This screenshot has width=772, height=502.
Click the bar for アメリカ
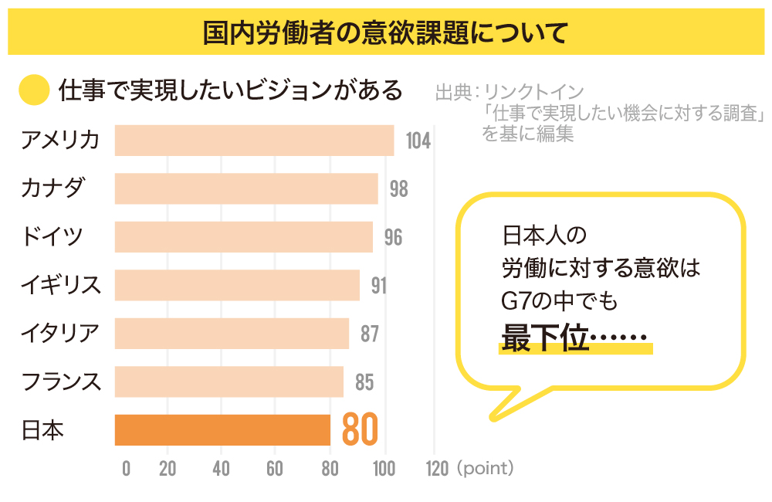(x=254, y=141)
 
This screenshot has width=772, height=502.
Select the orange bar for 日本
(x=222, y=430)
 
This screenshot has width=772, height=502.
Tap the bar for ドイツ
(x=244, y=237)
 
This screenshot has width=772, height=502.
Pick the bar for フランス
(x=229, y=382)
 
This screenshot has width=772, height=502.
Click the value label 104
(x=417, y=141)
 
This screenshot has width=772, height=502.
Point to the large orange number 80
(x=360, y=430)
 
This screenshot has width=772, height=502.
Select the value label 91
(x=378, y=286)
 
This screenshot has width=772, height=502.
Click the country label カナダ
(x=52, y=188)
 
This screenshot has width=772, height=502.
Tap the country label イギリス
(x=61, y=285)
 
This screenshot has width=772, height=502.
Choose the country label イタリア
(x=61, y=334)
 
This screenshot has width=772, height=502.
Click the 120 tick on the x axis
(x=436, y=469)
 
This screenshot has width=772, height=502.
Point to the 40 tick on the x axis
(x=222, y=469)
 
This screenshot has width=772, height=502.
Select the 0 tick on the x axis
(x=126, y=469)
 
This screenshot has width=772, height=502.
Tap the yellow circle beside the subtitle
(x=34, y=90)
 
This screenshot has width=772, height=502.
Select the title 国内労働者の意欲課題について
(x=385, y=32)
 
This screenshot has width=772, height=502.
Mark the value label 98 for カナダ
(x=398, y=189)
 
